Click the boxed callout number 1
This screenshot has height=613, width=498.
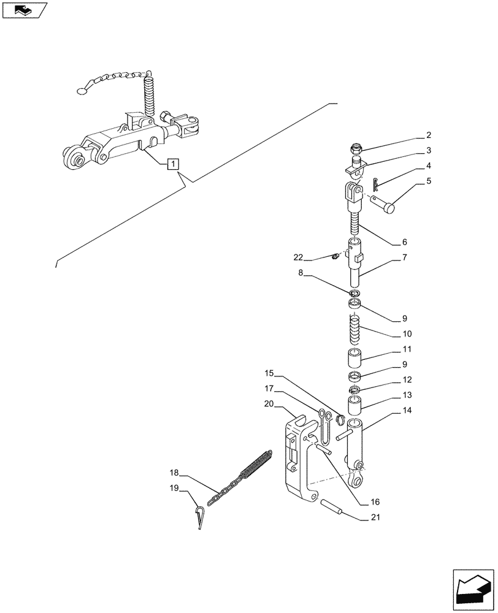(x=174, y=164)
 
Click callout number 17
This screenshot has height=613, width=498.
(x=269, y=388)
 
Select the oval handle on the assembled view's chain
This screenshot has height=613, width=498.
(x=82, y=91)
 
